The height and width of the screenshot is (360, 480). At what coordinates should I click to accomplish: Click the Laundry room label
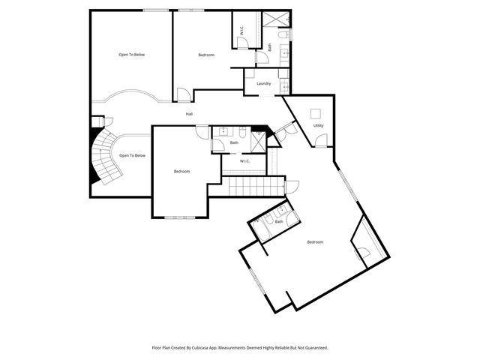coord(263,83)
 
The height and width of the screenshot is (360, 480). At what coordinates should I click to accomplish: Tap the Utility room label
coord(318,125)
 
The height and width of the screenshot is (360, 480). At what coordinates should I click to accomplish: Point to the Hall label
coord(190,114)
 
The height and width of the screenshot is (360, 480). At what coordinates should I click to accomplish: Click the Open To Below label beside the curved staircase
coord(132,155)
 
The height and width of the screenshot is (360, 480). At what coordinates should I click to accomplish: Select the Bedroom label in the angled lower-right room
coord(316,242)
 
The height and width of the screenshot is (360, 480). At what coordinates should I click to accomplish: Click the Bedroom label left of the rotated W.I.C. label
coord(206,55)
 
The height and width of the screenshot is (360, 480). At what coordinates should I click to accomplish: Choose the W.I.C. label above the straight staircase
coord(244,161)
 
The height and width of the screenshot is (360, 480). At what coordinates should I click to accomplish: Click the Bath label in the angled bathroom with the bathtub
coord(279,221)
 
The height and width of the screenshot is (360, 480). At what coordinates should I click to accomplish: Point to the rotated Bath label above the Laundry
coord(269,49)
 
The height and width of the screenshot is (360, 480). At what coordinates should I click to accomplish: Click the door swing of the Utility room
coord(320,141)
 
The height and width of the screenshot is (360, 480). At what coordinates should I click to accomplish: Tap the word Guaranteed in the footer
coord(315,347)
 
